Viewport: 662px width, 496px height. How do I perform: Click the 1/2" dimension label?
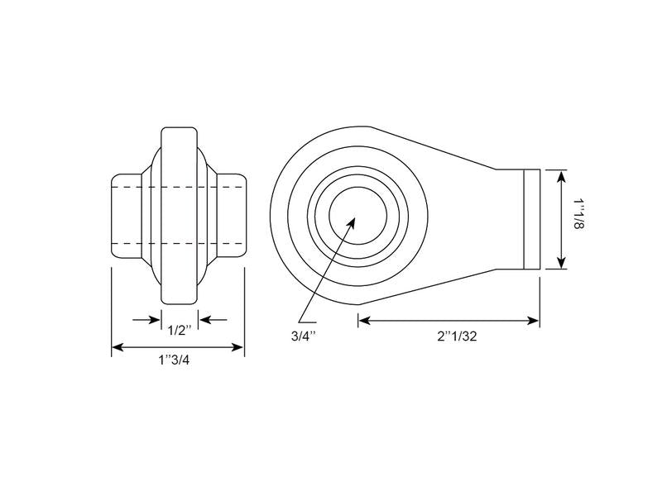[180, 330]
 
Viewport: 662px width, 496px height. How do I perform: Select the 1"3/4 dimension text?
[174, 360]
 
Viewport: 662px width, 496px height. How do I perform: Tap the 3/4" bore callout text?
[304, 336]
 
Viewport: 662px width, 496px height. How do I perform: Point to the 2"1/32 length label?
[458, 336]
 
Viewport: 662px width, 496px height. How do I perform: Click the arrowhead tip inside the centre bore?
[355, 218]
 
